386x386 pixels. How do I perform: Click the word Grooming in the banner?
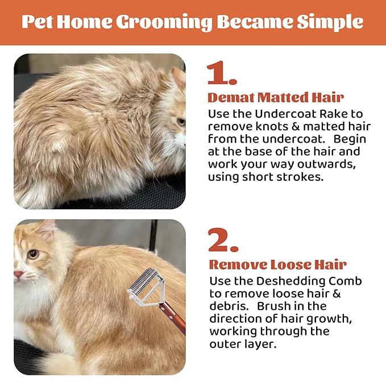click(x=164, y=23)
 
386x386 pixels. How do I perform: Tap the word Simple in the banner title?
click(x=330, y=23)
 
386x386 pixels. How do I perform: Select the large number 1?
click(x=221, y=73)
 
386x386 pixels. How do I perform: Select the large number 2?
click(x=223, y=240)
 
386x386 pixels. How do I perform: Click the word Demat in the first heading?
click(x=231, y=97)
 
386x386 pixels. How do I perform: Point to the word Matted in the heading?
click(x=283, y=97)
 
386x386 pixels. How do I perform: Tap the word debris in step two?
click(x=228, y=306)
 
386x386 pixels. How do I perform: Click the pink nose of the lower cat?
click(x=19, y=274)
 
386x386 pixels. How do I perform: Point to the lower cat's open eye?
click(x=33, y=254)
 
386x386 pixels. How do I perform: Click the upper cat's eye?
click(x=181, y=122)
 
